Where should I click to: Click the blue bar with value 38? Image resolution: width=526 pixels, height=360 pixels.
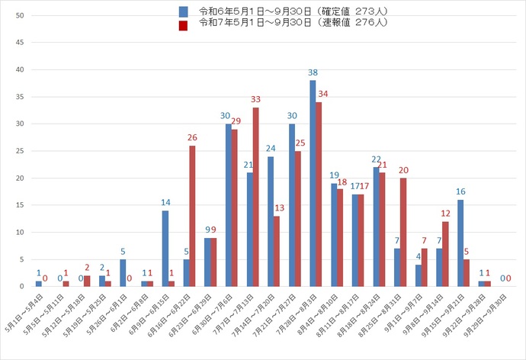click(313, 183)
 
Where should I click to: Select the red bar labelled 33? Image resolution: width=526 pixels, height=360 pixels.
click(256, 197)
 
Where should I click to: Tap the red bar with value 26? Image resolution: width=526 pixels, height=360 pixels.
click(193, 216)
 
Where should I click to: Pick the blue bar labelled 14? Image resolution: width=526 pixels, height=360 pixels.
click(165, 248)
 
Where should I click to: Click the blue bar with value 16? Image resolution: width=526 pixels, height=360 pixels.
click(460, 243)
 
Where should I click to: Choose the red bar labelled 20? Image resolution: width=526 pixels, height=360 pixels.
click(403, 232)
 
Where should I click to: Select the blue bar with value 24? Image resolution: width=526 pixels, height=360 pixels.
click(271, 221)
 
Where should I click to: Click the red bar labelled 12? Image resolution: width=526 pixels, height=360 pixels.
click(446, 253)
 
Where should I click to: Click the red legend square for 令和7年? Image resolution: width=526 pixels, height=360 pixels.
click(184, 24)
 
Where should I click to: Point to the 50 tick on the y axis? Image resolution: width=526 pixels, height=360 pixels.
click(20, 16)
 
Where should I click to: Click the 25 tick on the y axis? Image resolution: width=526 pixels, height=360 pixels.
click(20, 151)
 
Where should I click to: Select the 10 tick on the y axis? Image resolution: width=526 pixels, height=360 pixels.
click(20, 232)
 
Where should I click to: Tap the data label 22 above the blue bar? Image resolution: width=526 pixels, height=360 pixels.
click(377, 159)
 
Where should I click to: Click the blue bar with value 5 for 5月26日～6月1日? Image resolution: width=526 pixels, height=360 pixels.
click(123, 272)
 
